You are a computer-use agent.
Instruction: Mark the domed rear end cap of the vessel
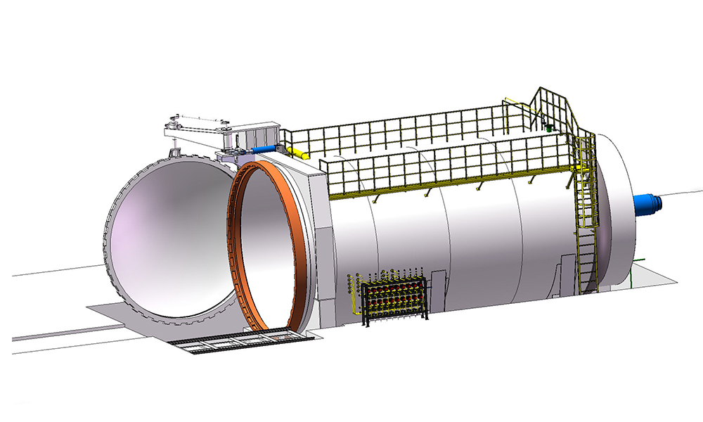(x=612, y=211)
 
